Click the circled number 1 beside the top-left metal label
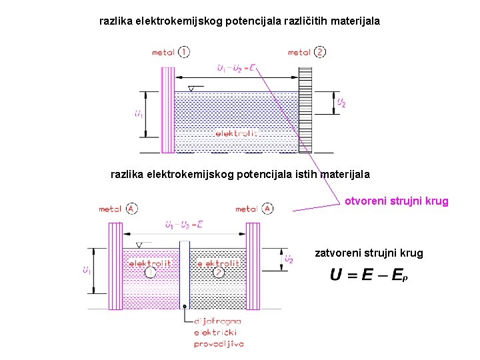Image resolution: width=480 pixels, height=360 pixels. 184,52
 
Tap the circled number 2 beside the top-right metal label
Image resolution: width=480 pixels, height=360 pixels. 321,52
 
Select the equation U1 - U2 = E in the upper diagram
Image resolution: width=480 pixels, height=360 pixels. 236,67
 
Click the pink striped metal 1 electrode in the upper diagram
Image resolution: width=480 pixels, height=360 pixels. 167,109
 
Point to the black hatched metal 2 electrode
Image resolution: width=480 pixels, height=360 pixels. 305,109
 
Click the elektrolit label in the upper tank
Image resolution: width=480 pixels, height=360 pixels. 236,133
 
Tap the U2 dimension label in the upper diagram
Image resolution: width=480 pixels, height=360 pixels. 341,103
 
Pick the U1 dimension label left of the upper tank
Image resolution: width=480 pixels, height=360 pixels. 138,115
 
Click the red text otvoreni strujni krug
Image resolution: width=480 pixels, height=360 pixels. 396,201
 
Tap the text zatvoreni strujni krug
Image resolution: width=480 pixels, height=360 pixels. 369,253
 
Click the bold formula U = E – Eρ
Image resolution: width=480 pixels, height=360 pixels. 369,275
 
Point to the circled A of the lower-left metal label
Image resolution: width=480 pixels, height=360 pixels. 131,209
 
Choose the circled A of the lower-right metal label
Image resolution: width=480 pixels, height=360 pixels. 267,209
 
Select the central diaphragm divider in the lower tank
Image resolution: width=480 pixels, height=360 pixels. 185,273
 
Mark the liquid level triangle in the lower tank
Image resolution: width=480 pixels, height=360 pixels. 139,245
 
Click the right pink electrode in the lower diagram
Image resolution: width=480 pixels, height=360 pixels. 253,257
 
